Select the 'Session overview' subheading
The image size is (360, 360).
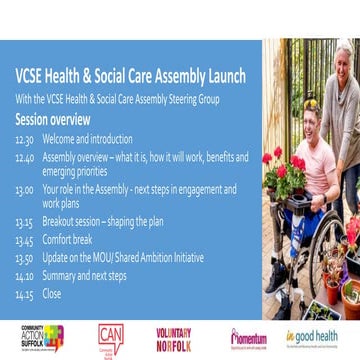51,116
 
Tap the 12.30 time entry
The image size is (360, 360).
23,141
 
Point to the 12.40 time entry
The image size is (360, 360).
23,156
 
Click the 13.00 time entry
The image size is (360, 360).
23,187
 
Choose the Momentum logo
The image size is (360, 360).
247,338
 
